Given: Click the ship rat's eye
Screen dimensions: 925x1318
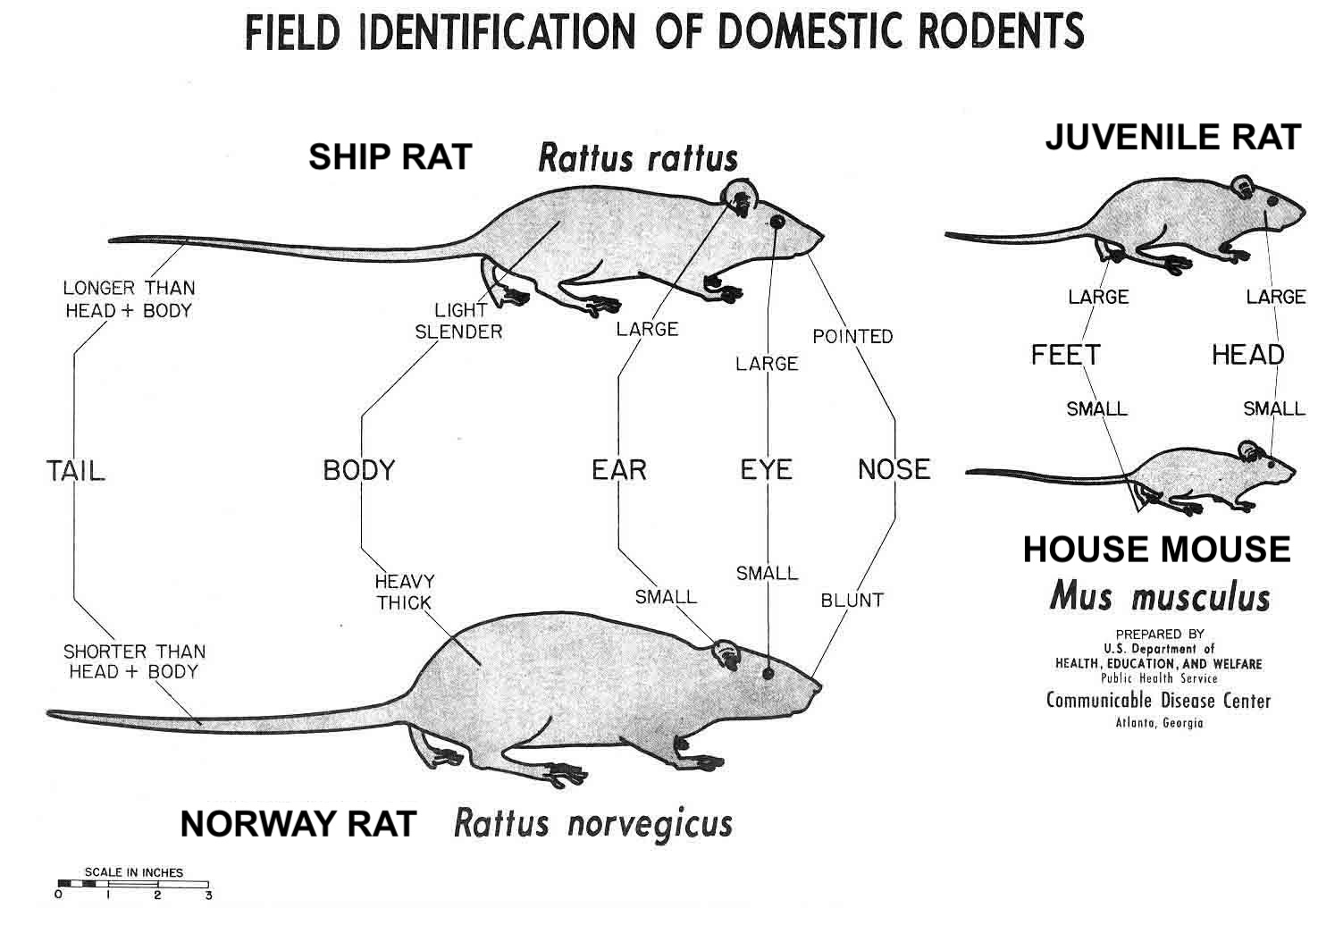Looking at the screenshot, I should pyautogui.click(x=777, y=221).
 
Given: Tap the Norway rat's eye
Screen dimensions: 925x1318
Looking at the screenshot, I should pyautogui.click(x=768, y=671).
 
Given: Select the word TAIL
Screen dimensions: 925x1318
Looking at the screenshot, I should pyautogui.click(x=75, y=470).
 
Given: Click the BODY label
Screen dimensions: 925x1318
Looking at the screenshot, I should pyautogui.click(x=359, y=470).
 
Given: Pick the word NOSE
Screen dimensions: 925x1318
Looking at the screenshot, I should pyautogui.click(x=894, y=470).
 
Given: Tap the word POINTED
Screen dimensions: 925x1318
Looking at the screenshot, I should pyautogui.click(x=852, y=337).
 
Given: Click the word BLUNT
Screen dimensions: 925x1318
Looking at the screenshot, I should pyautogui.click(x=852, y=601).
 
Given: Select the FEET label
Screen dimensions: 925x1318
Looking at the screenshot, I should pyautogui.click(x=1065, y=356).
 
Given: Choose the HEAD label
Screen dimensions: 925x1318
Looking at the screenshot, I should pyautogui.click(x=1247, y=356).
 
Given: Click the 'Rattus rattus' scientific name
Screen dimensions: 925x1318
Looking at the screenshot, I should pyautogui.click(x=638, y=159).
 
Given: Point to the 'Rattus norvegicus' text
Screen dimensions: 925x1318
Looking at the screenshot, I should pyautogui.click(x=592, y=823).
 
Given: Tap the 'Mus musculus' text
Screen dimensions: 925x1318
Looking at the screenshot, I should pyautogui.click(x=1159, y=596).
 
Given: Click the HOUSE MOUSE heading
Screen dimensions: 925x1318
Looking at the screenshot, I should pyautogui.click(x=1156, y=550).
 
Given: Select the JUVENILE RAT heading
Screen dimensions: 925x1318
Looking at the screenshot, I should pyautogui.click(x=1172, y=138).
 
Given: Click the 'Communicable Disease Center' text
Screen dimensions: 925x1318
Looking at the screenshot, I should pyautogui.click(x=1158, y=701).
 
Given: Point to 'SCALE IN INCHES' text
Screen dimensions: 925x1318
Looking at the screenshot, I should pyautogui.click(x=133, y=872).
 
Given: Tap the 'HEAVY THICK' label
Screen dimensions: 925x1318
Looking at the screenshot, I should pyautogui.click(x=404, y=592).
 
